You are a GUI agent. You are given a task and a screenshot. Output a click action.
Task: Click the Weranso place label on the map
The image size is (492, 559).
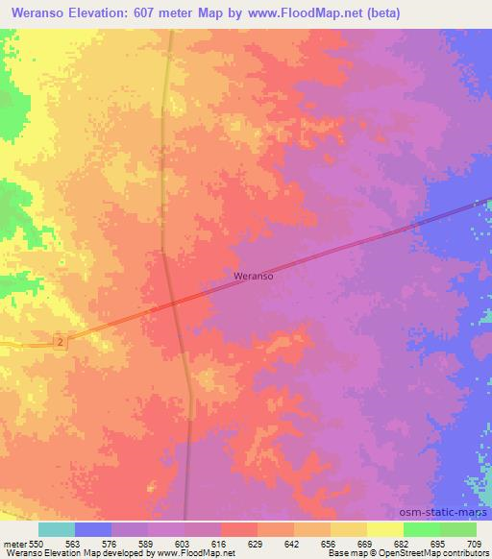coord(254,275)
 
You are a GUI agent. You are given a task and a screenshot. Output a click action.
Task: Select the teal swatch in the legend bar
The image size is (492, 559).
coord(57,529)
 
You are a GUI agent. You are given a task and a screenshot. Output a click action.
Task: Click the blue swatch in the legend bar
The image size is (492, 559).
coord(93,529)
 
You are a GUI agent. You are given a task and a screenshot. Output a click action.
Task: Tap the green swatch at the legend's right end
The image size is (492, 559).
coord(458,529)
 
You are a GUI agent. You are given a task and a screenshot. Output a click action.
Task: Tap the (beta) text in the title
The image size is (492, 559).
coord(378,12)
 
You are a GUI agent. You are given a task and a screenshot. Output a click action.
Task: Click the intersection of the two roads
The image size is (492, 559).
coord(177,306)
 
